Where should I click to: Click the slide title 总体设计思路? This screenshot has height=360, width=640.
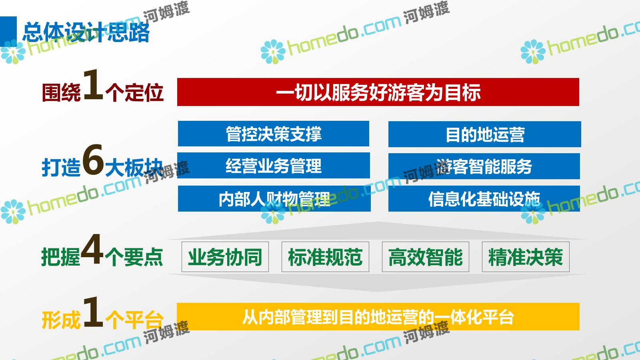[x=86, y=32]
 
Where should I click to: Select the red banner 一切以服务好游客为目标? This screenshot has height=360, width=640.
[x=378, y=92]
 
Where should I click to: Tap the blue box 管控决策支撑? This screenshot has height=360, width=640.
[x=274, y=134]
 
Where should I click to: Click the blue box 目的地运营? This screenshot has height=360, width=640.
[x=484, y=134]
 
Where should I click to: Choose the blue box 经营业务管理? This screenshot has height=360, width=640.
[x=274, y=166]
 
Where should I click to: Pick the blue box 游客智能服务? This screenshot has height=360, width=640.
[x=484, y=166]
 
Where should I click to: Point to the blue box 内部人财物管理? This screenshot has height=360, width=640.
[x=274, y=198]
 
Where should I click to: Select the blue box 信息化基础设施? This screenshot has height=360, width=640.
[x=484, y=198]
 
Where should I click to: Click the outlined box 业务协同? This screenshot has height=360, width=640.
[x=225, y=256]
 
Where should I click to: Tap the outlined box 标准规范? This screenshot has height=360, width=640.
[x=326, y=256]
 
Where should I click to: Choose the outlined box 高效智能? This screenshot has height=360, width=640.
[x=426, y=256]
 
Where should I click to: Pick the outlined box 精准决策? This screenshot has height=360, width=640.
[x=526, y=256]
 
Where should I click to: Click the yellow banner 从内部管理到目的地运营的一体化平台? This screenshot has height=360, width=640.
[x=378, y=316]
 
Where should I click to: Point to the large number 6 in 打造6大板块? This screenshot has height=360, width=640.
[x=93, y=160]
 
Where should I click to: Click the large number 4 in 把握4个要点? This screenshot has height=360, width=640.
[x=92, y=249]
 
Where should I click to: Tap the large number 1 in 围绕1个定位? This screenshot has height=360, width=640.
[x=93, y=85]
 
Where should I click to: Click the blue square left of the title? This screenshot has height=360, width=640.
[x=8, y=32]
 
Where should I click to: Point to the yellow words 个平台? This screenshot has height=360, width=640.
[x=134, y=320]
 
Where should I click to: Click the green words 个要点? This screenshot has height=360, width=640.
[x=134, y=257]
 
